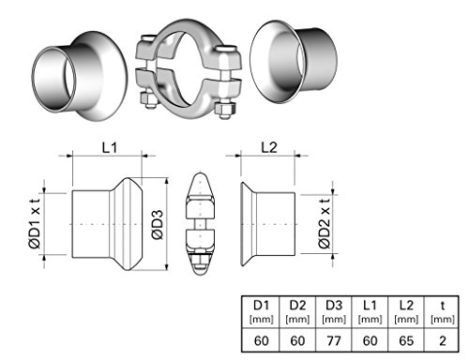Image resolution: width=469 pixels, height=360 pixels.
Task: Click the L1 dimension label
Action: (x=110, y=147)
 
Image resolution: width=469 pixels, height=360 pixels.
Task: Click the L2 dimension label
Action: (x=269, y=147)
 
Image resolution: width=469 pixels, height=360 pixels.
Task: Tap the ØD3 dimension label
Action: (x=158, y=225)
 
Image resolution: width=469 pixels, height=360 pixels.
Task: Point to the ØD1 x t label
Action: (x=35, y=224)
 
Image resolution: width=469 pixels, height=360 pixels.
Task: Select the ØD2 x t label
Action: (x=325, y=224)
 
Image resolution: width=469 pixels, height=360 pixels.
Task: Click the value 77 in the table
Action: (x=334, y=340)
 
